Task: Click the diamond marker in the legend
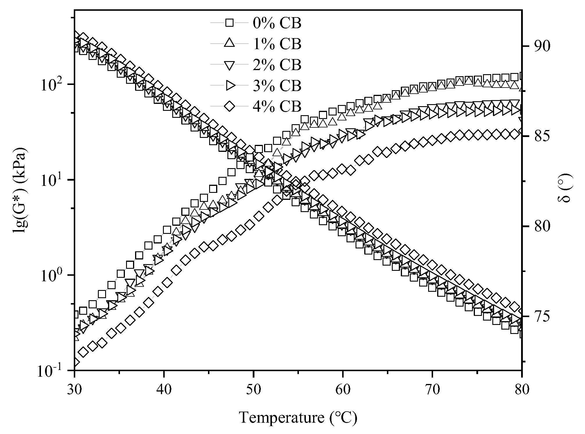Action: click(230, 106)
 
